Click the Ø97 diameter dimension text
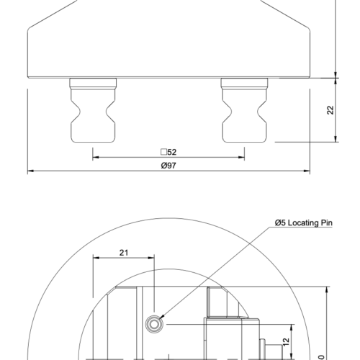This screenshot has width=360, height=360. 168,166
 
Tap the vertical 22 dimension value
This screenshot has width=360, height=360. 330,109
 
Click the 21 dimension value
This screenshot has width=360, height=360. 124,252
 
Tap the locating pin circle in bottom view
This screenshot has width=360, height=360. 155,324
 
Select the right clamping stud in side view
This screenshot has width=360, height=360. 245,112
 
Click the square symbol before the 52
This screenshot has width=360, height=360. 163,152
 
